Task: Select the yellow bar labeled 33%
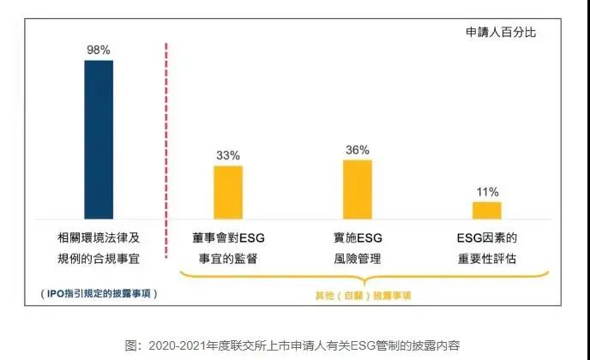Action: [x=228, y=192]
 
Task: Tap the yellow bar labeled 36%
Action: [x=358, y=189]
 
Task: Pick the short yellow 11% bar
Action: [x=487, y=210]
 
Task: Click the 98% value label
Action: [x=99, y=50]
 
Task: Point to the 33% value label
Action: [x=228, y=155]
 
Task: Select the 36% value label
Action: [x=358, y=149]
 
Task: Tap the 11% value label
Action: [x=487, y=192]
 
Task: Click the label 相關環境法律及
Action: [x=99, y=237]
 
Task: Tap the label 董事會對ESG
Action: [x=228, y=237]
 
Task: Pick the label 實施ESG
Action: [x=358, y=237]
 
